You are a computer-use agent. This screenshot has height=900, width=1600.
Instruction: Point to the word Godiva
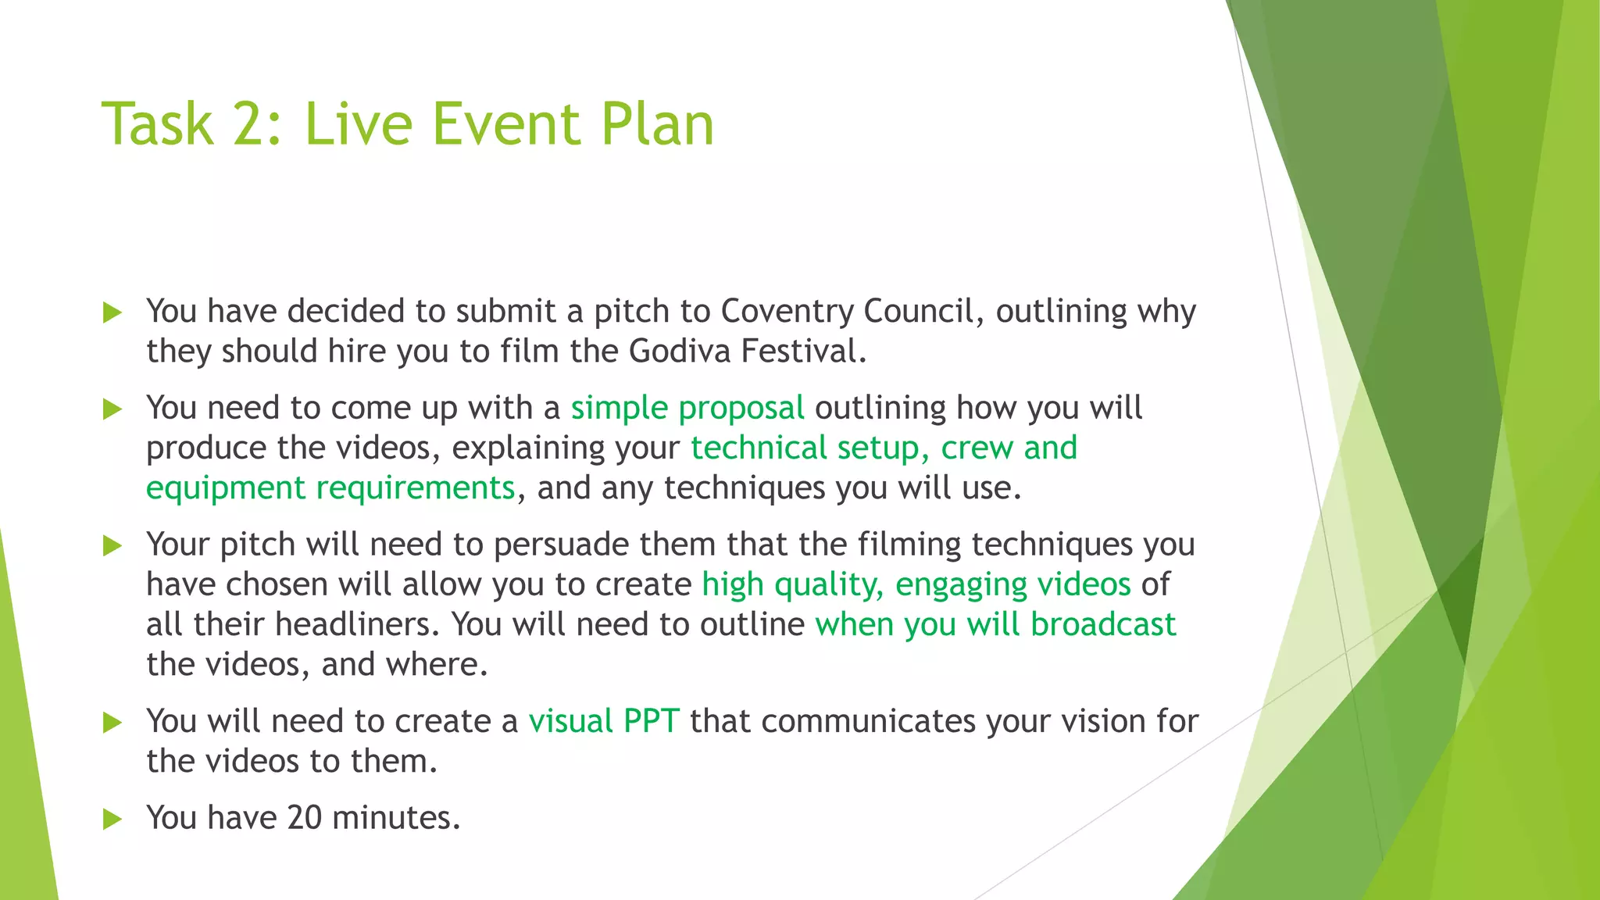(680, 352)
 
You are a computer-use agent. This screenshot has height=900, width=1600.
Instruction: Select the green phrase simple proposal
(687, 409)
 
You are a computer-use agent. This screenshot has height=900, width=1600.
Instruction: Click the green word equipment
(226, 488)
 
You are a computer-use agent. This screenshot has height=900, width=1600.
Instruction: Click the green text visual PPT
(604, 721)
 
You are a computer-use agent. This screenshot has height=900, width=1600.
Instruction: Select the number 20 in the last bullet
(305, 818)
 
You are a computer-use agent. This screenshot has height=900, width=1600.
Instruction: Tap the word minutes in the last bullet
(396, 818)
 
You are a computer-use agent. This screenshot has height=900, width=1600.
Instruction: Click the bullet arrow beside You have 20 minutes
(113, 819)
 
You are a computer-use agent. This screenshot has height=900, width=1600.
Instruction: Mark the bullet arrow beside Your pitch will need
(113, 545)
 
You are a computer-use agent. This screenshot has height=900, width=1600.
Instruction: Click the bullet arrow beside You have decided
(113, 312)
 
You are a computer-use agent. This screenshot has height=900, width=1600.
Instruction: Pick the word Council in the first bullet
(919, 312)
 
